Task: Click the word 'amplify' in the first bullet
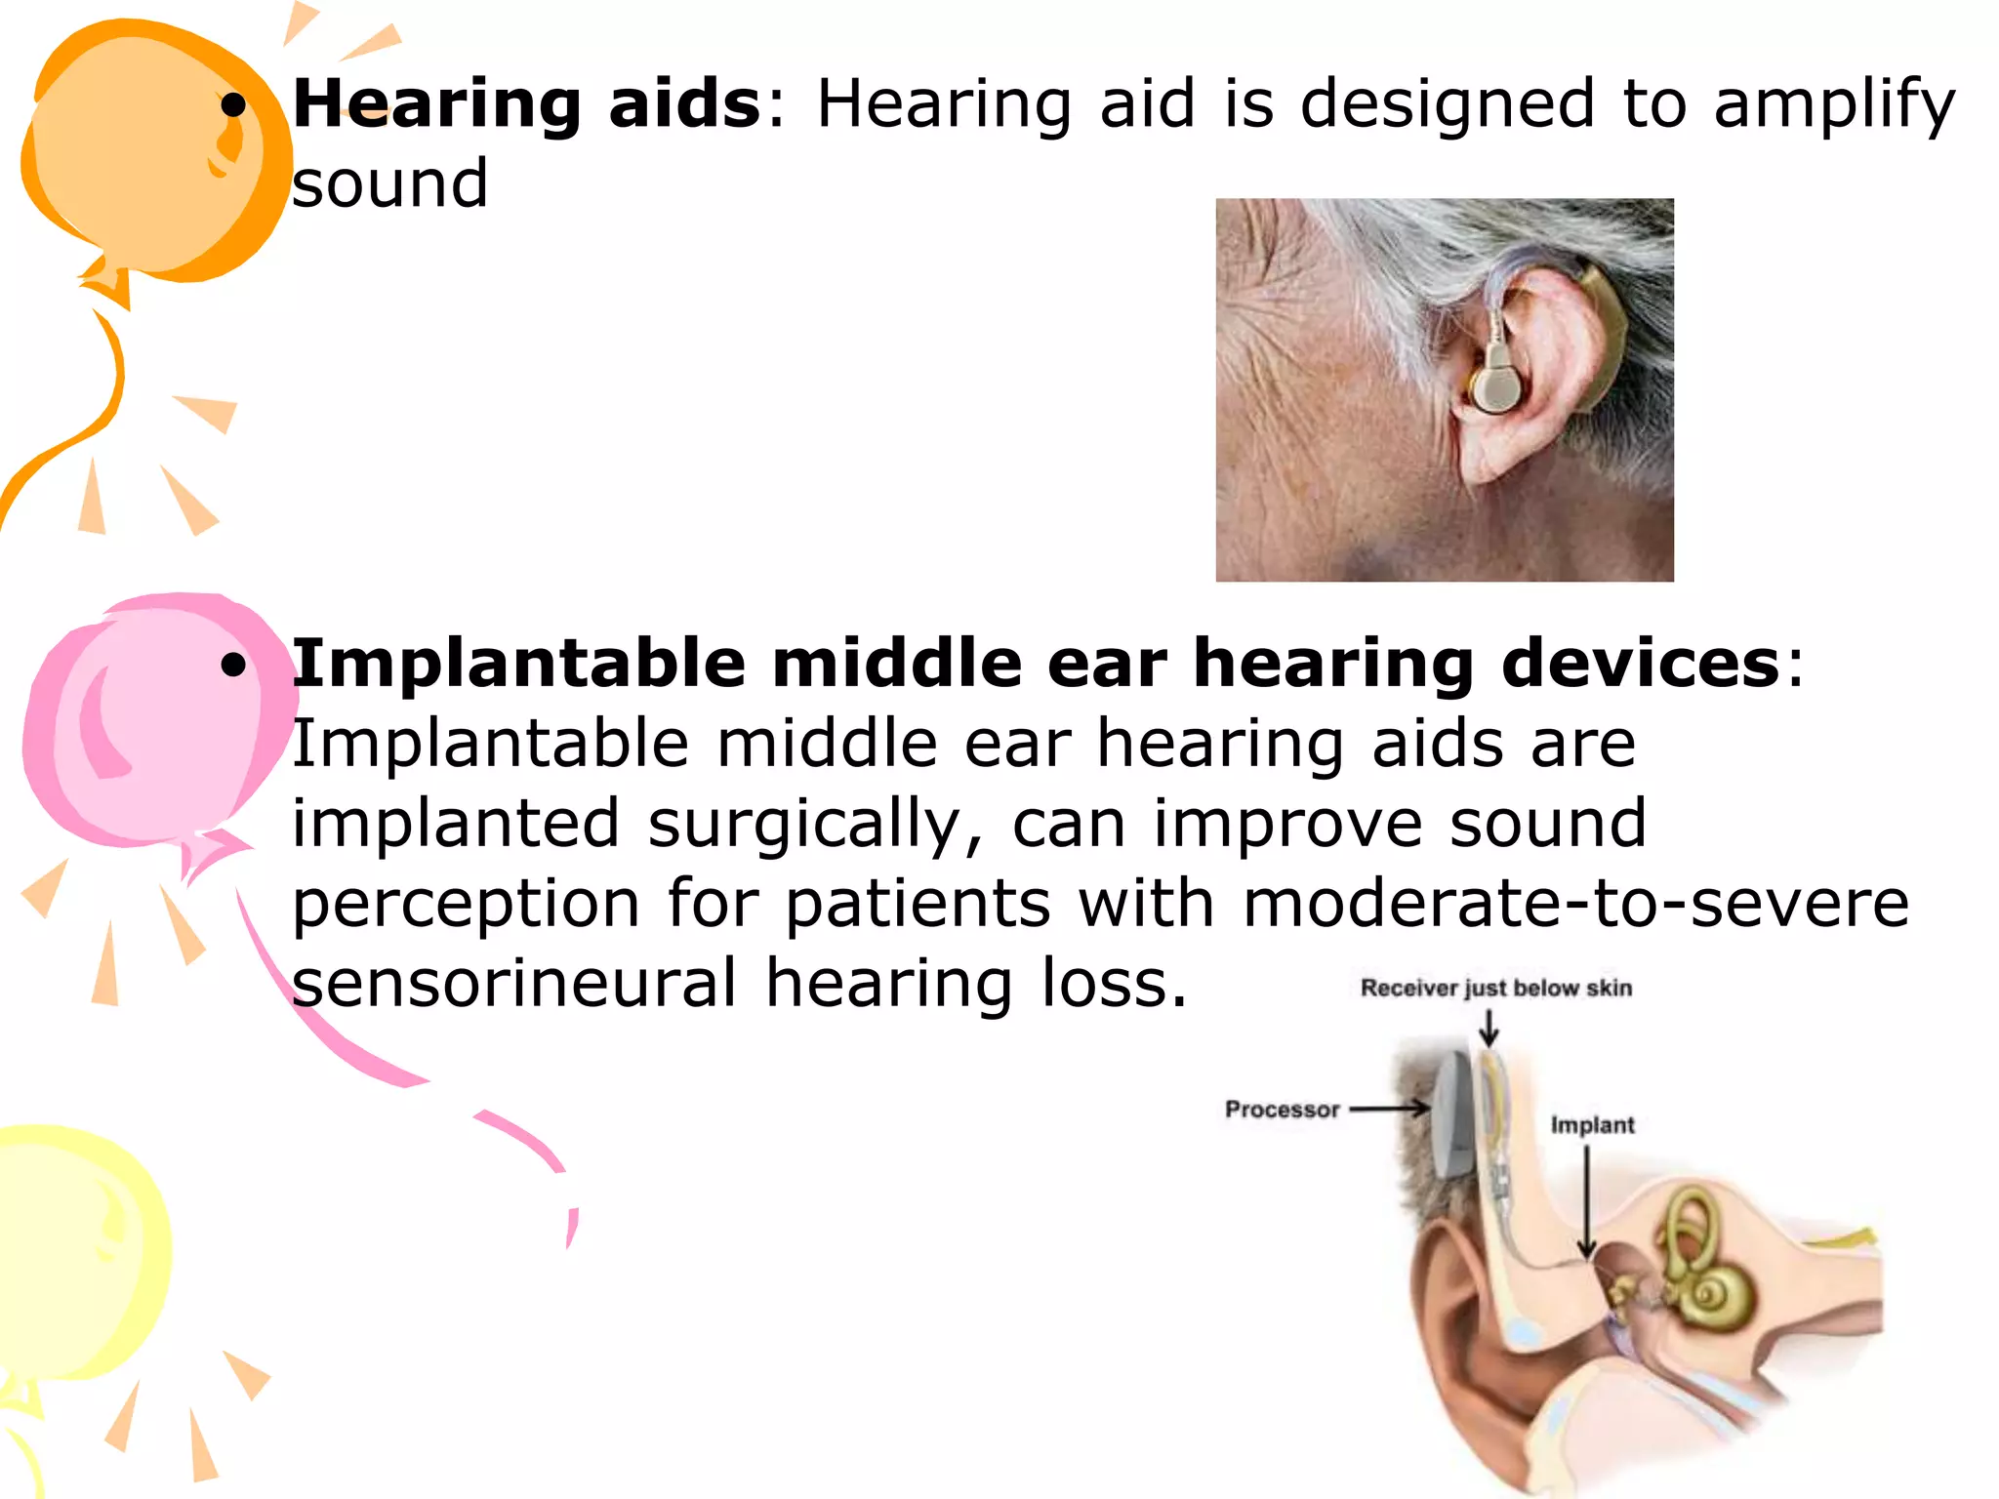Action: [x=1834, y=105]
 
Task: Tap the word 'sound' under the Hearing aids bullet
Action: [x=389, y=183]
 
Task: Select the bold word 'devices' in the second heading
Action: [x=1641, y=664]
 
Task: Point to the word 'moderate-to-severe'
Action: [x=1575, y=904]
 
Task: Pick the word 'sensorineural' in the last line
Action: [x=514, y=984]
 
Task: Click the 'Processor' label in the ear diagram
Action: [x=1282, y=1110]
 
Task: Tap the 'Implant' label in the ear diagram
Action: [x=1592, y=1125]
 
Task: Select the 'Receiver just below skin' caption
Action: [x=1495, y=989]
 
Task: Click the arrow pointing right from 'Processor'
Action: [x=1390, y=1109]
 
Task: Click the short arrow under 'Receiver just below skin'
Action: [x=1489, y=1028]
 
